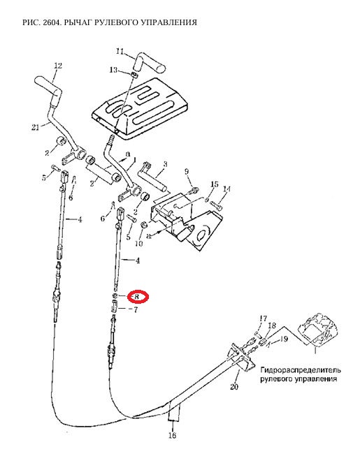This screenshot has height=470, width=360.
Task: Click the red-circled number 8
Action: (x=136, y=297)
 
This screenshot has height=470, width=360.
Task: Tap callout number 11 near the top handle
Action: (x=120, y=52)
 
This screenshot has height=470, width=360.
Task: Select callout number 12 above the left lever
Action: (x=58, y=66)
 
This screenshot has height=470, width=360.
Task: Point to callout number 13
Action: (x=113, y=70)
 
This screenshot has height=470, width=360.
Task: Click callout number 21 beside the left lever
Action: (x=36, y=127)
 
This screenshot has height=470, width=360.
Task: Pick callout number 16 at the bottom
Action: (x=172, y=435)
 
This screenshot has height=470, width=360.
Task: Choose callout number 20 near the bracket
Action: (x=234, y=387)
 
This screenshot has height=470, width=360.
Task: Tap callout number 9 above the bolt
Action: (x=187, y=172)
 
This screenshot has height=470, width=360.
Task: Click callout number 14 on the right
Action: (x=226, y=189)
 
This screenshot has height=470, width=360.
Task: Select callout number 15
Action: (x=215, y=184)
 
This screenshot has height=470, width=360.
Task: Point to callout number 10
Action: (x=138, y=244)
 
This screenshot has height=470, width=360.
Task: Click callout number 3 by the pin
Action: (x=165, y=164)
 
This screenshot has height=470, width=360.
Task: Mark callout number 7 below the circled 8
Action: (x=136, y=309)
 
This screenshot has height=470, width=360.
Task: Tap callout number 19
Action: (x=284, y=339)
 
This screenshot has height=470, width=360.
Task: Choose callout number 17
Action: (x=263, y=318)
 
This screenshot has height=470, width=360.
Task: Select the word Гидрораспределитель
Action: (x=301, y=370)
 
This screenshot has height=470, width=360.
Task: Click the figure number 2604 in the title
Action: (x=52, y=22)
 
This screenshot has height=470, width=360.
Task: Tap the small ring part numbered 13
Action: (x=135, y=74)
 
